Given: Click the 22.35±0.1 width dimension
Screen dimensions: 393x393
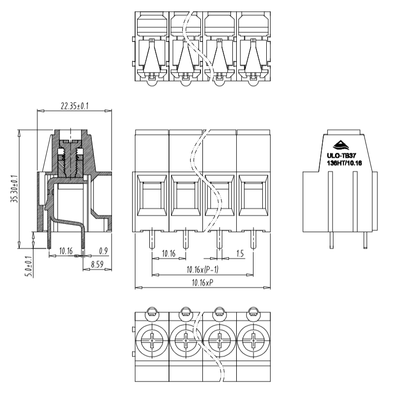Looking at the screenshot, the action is [75, 106].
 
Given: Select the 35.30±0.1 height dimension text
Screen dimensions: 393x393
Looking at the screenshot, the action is [15, 189].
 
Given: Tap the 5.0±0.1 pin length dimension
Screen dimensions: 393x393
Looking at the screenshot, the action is [28, 266].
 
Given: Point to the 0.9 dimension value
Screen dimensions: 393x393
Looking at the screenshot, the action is [103, 251].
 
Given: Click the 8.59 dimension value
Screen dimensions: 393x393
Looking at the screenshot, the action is [97, 264].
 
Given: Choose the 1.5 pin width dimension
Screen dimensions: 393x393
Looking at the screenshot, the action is [240, 253].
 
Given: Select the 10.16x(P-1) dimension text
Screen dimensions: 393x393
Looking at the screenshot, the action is [202, 270].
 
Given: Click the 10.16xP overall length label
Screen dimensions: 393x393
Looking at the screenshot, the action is [202, 283].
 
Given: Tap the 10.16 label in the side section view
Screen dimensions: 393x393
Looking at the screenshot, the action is [66, 251].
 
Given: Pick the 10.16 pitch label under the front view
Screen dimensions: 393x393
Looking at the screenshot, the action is [168, 253].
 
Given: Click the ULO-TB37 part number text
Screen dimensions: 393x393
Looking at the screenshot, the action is [341, 156].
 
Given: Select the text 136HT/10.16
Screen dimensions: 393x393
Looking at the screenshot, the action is [344, 163].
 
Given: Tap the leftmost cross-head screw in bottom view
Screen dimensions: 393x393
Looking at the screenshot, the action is [152, 340].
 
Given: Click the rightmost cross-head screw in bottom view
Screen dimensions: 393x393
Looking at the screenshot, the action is [253, 340].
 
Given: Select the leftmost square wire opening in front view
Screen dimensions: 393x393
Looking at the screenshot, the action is [152, 196].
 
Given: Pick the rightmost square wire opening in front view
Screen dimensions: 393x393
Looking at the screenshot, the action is [253, 196].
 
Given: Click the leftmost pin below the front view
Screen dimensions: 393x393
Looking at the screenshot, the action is [152, 239].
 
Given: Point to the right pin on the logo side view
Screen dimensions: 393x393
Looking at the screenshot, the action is [365, 240].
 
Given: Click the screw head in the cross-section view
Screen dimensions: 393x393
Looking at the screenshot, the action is [71, 142].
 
